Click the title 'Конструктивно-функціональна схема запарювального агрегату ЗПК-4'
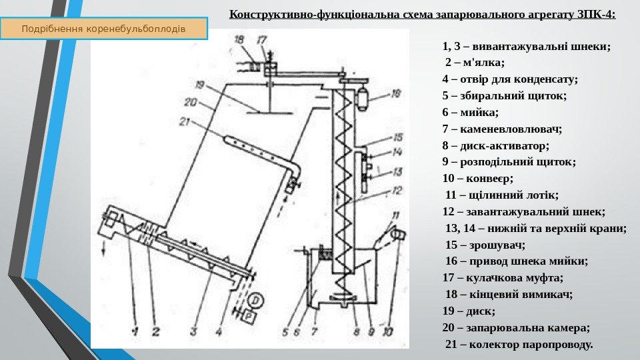pos(423,14)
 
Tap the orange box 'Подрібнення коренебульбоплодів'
pos(103,29)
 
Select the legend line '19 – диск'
pos(468,311)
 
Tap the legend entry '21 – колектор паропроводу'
pos(518,344)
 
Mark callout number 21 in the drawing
pos(185,122)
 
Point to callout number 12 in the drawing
pos(397,191)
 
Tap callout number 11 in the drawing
pos(397,215)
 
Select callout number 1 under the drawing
pos(135,330)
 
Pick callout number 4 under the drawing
pos(219,329)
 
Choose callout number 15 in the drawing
pos(397,137)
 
